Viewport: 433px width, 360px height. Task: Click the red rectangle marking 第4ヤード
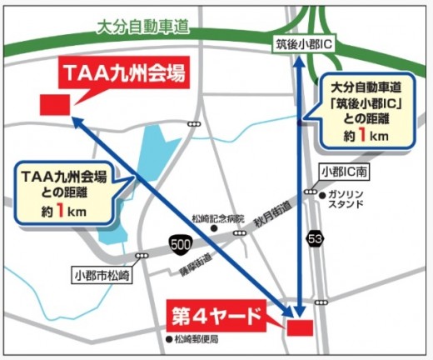pos(299,327)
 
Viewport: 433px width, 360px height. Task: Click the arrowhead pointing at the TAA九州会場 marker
pos(73,120)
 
